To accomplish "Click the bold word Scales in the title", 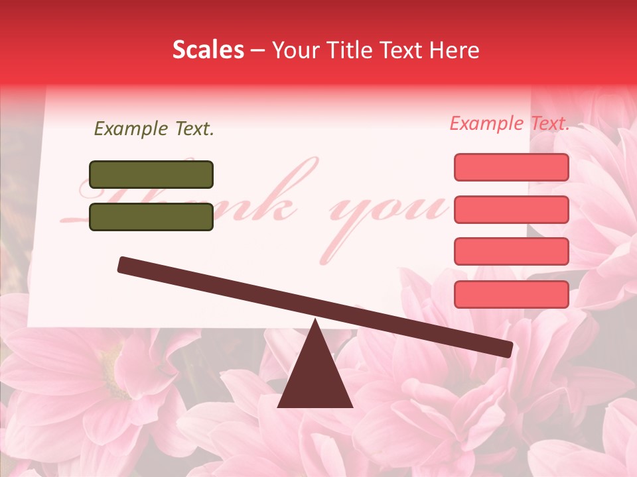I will (x=208, y=50).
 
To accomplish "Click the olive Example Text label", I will (x=154, y=129).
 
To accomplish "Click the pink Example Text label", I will (x=510, y=123).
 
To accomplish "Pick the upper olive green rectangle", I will (x=151, y=174).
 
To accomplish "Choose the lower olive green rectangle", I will (x=151, y=217).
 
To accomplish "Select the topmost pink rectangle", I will (x=511, y=167).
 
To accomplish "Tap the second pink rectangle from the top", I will (x=511, y=209).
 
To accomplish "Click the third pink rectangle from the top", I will (x=511, y=251).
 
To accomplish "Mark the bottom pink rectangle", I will (x=511, y=293).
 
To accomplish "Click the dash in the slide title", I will (x=259, y=50).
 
